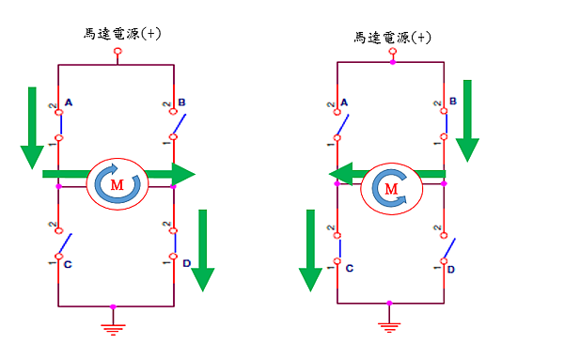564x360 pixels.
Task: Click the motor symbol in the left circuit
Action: point(117,184)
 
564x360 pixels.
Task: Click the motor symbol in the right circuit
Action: point(391,188)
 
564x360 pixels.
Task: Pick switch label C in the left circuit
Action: point(69,264)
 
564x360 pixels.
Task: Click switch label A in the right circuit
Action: point(345,102)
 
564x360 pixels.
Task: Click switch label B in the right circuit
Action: point(453,100)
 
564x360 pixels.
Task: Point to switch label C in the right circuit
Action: point(349,269)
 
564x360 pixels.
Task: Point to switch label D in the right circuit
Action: point(451,270)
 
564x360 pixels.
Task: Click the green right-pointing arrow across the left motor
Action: point(117,174)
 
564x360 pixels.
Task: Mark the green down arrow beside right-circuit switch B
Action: point(467,120)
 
